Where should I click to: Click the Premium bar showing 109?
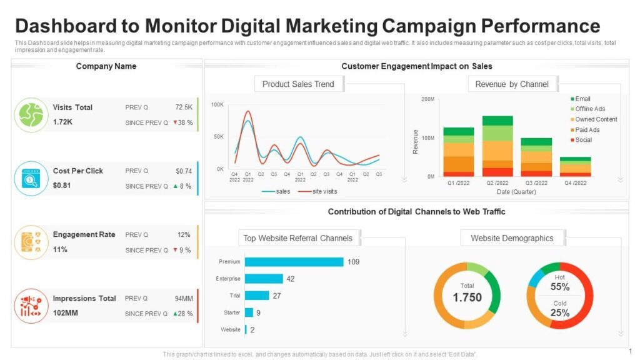coord(294,262)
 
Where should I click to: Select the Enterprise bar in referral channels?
coord(264,279)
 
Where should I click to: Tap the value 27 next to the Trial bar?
coord(277,296)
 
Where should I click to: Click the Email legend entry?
coord(582,99)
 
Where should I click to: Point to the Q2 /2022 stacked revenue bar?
coord(497,146)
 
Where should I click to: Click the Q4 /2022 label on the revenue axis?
coord(575,183)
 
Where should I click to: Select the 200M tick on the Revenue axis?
coord(427,99)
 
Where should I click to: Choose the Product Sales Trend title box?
coord(298,84)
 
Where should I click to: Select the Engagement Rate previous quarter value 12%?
coord(184,235)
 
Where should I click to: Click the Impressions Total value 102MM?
coord(66,313)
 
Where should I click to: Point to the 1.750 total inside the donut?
coord(467,297)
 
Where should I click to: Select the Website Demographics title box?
coord(512,238)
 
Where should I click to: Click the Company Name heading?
coord(106,66)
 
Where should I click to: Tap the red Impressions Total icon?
coord(31,306)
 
